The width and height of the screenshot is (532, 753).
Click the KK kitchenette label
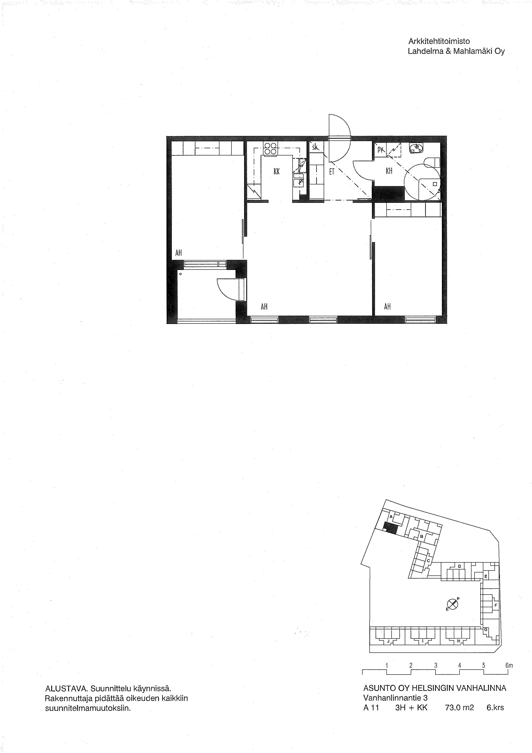point(277,171)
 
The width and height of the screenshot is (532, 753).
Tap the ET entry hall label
point(332,171)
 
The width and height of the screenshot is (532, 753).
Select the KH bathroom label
point(389,171)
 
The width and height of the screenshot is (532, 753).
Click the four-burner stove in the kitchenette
point(271,149)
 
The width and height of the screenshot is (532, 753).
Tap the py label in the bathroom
point(380,150)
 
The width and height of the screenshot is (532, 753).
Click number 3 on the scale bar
point(436,666)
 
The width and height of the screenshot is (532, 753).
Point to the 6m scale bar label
point(509,666)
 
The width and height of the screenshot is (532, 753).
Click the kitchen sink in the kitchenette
point(299,180)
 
